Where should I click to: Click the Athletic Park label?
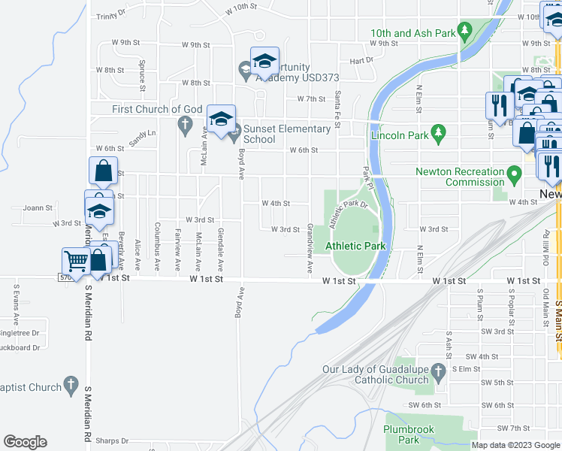click(354, 246)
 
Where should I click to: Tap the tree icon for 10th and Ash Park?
click(465, 31)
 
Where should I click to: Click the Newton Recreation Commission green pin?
click(515, 177)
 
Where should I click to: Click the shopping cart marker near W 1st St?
click(76, 261)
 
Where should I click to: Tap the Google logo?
click(25, 442)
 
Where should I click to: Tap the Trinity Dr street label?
click(111, 15)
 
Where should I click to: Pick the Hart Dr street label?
click(361, 60)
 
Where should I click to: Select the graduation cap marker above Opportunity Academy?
click(264, 62)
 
